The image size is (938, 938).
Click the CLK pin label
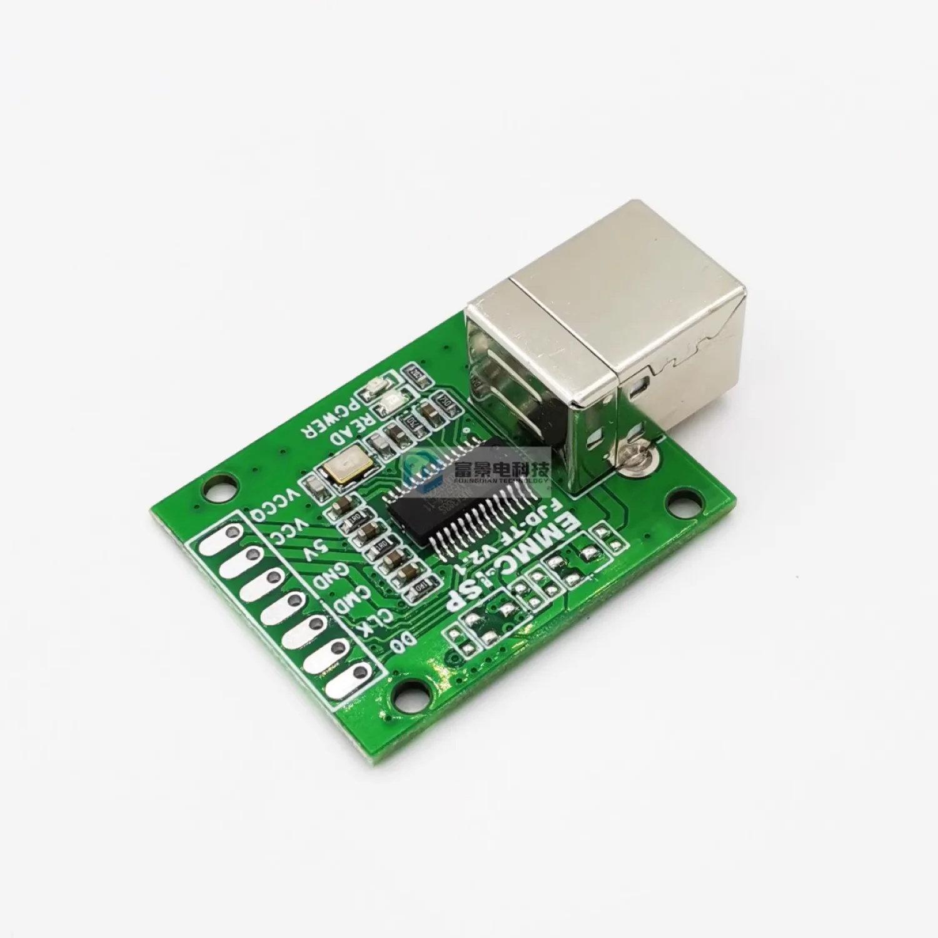point(375,625)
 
